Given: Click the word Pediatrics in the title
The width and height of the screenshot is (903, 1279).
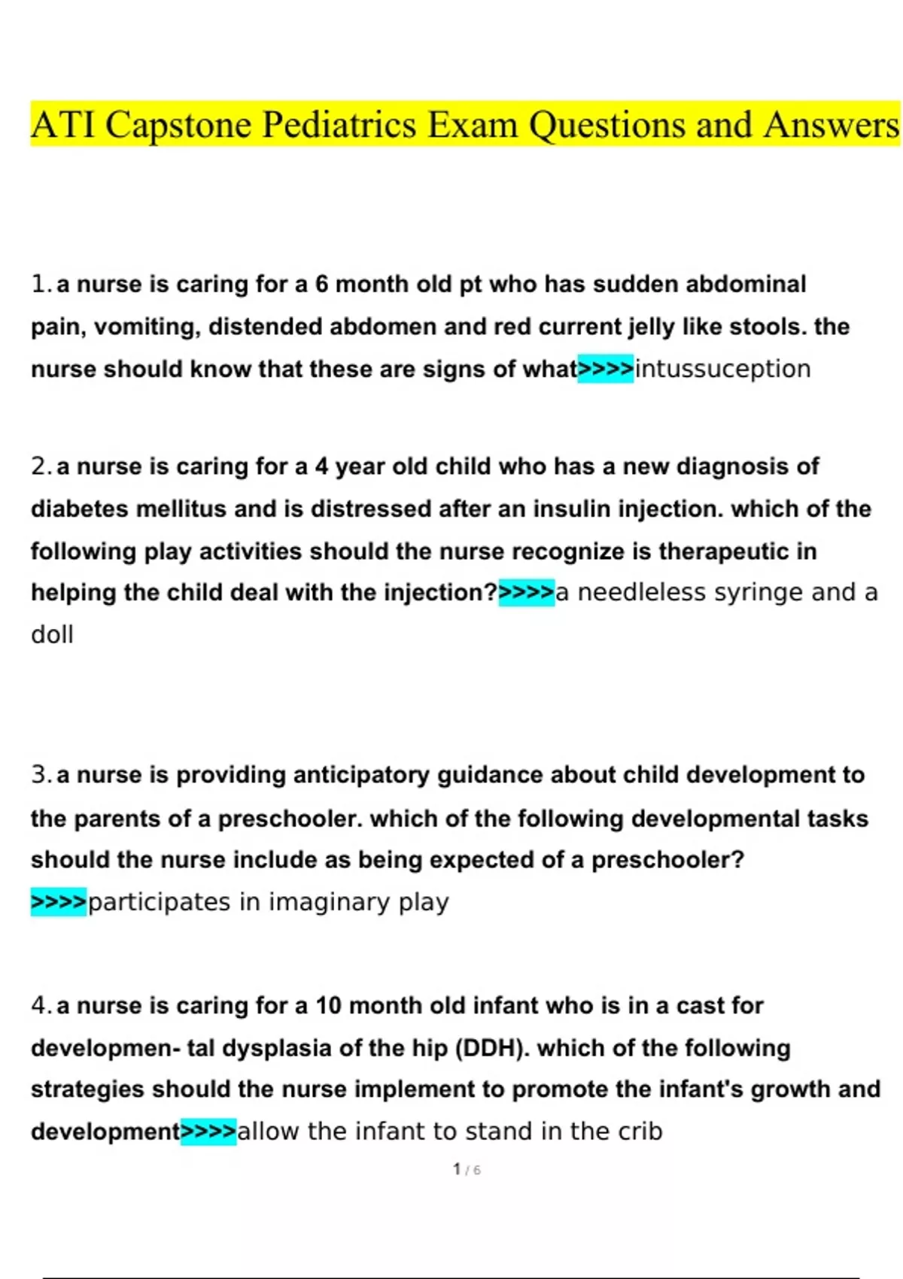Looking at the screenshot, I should (x=339, y=125).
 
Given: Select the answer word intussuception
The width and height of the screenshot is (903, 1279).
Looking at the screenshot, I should (x=722, y=369).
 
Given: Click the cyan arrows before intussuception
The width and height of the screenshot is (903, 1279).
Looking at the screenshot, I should (x=606, y=369).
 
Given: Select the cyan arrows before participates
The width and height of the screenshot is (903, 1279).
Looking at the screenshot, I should (x=59, y=902).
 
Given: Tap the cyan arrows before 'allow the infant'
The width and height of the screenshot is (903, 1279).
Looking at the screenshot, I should (x=209, y=1132).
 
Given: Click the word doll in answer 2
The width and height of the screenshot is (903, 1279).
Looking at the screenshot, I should (x=52, y=635).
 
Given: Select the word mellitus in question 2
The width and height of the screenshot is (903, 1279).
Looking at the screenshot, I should (x=181, y=509).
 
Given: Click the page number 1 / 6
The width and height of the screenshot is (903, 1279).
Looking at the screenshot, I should (x=467, y=1170).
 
